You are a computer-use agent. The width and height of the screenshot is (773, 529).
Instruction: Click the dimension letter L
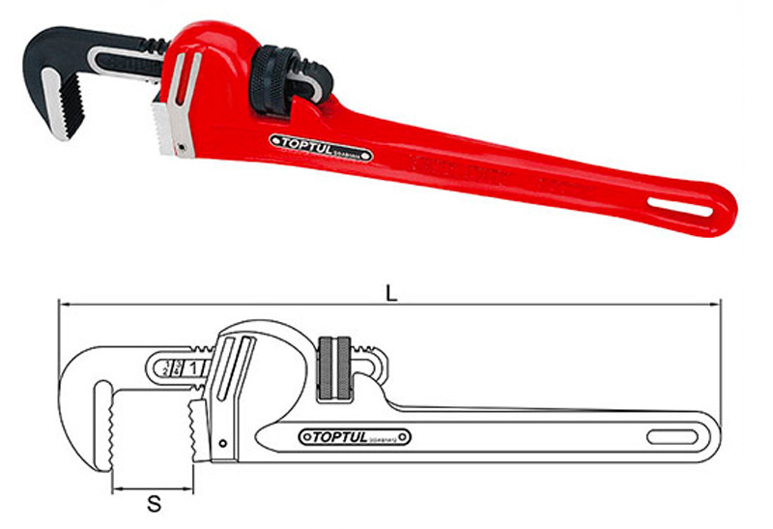click(390, 291)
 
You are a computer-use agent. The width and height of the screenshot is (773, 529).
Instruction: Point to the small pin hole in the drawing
click(224, 445)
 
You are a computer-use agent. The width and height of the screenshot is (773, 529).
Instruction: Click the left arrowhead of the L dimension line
click(62, 305)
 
